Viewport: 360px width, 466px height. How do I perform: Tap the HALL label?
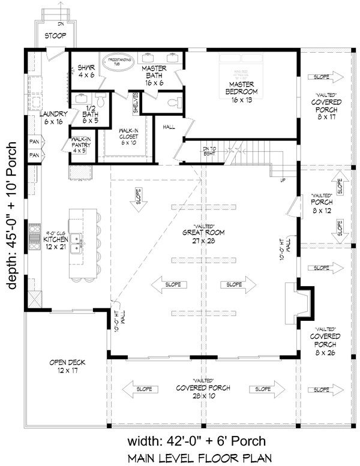coord(169,127)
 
